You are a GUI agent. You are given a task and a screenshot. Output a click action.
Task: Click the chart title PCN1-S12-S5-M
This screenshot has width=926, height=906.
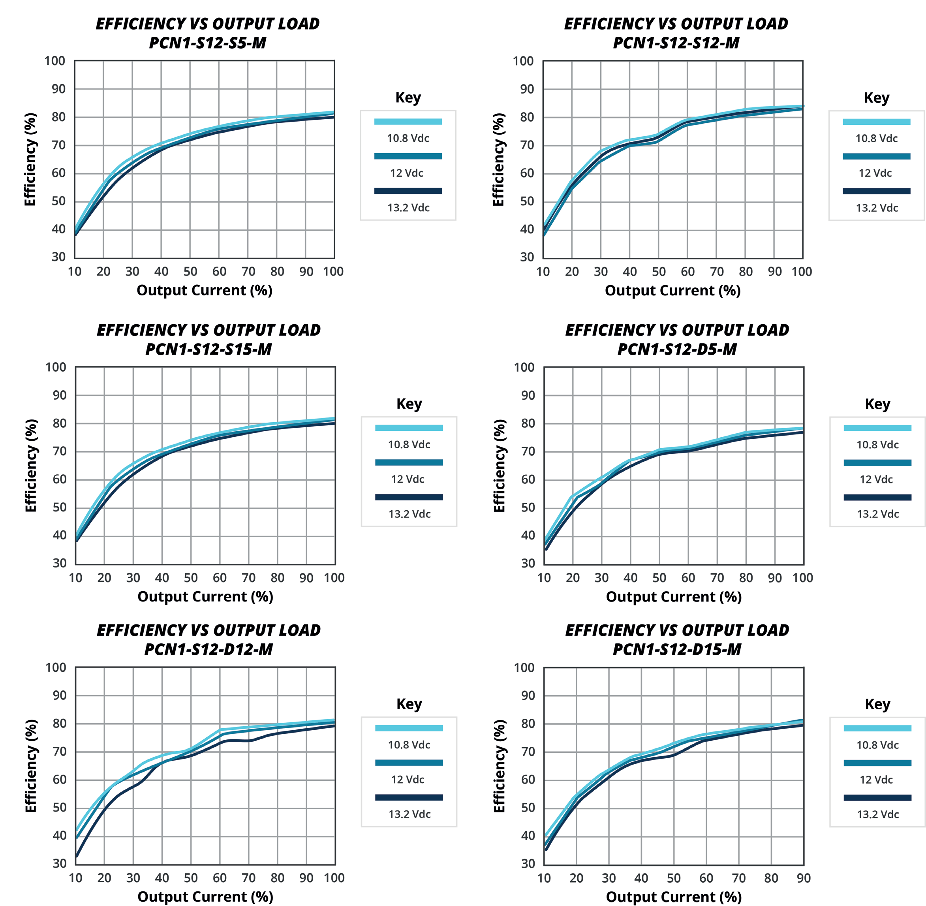(x=207, y=43)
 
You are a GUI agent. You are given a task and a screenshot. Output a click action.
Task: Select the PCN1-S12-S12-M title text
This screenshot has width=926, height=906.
(x=676, y=43)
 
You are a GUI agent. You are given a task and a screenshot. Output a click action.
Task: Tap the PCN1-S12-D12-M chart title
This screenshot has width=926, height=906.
(x=208, y=649)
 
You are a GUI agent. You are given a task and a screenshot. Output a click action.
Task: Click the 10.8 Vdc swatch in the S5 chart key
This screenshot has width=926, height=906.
(x=408, y=121)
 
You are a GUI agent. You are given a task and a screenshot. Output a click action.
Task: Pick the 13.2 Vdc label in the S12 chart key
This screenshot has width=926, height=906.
(x=877, y=208)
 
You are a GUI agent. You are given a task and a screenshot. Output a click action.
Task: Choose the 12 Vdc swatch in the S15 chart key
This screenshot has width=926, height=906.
(x=409, y=462)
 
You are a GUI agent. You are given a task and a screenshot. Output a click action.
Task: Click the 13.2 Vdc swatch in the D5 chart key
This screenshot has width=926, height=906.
(x=877, y=497)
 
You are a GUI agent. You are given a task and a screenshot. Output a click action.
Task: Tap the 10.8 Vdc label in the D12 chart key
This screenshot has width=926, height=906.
(x=409, y=745)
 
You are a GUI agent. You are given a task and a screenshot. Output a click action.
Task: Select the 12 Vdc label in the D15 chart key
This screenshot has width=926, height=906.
(x=876, y=780)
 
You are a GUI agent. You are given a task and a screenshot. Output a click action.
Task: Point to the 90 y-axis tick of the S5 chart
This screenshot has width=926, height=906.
(x=58, y=89)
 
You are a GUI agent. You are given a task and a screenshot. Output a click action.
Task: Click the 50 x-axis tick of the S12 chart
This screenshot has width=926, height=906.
(x=659, y=272)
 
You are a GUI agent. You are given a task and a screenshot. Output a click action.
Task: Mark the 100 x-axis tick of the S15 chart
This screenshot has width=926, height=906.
(x=334, y=578)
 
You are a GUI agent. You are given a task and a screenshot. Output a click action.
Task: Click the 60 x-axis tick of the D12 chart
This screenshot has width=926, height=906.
(x=220, y=878)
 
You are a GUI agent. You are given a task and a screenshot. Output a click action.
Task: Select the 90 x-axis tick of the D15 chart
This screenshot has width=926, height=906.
(x=803, y=878)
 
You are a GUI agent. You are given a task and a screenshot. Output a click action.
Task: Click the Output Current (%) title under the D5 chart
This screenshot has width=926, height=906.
(x=673, y=597)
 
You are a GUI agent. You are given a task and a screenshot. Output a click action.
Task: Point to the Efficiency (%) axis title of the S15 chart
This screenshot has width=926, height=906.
(x=31, y=465)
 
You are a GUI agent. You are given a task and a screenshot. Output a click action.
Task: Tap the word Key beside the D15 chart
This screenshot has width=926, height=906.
(x=877, y=704)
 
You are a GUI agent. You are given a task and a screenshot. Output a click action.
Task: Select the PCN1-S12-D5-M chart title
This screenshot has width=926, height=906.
(x=677, y=349)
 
